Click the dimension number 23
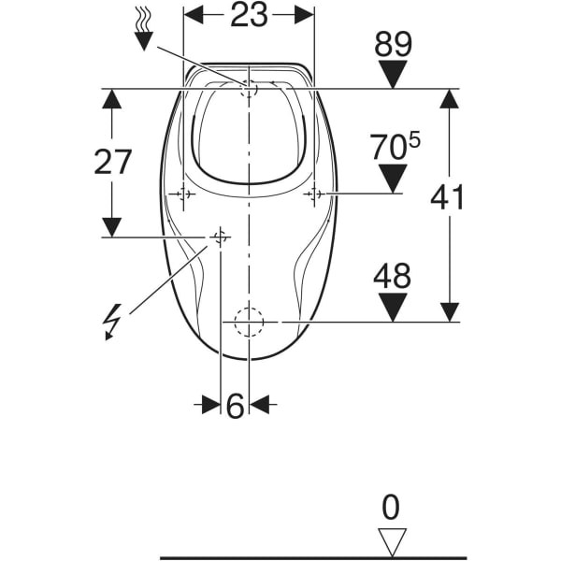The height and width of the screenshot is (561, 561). [x=249, y=15]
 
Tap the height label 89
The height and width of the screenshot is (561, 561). [x=394, y=44]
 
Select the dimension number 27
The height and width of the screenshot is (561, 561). [x=113, y=162]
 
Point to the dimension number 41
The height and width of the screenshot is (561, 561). [x=447, y=197]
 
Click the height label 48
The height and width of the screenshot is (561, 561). [x=393, y=276]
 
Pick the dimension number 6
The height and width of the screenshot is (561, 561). [x=236, y=406]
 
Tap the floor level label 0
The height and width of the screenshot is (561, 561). [x=391, y=508]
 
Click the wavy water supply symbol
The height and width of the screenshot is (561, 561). [x=143, y=30]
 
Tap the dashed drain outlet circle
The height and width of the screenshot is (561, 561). [x=249, y=322]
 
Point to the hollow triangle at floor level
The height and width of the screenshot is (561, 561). [x=393, y=542]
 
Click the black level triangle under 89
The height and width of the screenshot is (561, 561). [x=393, y=74]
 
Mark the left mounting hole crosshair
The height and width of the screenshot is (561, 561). [x=183, y=194]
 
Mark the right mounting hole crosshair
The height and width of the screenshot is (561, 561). [x=314, y=194]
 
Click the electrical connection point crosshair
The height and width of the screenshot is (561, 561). [x=220, y=237]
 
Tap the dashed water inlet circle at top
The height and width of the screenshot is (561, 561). [x=249, y=88]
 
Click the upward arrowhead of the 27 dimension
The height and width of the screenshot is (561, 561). [x=111, y=99]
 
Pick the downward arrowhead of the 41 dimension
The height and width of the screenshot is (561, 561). [x=450, y=312]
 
